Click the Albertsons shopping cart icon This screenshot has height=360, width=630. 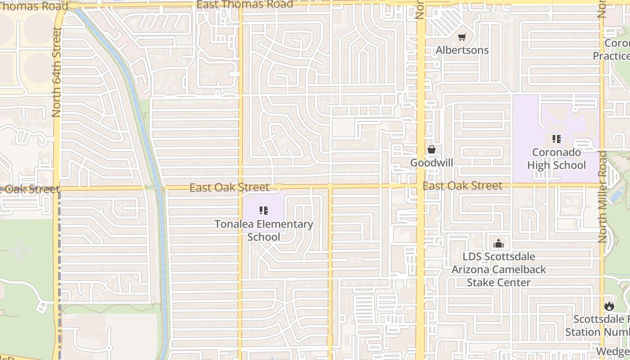(x=462, y=37)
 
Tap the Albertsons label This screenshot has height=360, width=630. (x=462, y=50)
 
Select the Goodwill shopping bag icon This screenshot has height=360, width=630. (x=432, y=149)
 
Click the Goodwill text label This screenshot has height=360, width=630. (x=432, y=162)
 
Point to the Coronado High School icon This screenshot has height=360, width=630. (x=557, y=139)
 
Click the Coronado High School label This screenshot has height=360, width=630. (x=557, y=159)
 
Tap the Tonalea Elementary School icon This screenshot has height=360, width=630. (x=264, y=211)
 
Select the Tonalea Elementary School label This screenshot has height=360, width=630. (x=264, y=230)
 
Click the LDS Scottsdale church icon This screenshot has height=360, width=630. (x=499, y=244)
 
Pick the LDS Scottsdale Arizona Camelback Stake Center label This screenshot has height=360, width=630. (x=499, y=270)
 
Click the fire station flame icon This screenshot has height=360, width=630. (x=609, y=306)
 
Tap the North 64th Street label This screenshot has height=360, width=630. (x=57, y=72)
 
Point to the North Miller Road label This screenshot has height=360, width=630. (x=603, y=197)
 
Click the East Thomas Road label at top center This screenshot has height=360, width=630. (x=245, y=5)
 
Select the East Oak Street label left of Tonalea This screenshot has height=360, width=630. (x=229, y=187)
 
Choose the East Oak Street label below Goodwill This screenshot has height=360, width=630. (x=462, y=185)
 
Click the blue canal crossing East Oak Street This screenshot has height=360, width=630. (x=160, y=189)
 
